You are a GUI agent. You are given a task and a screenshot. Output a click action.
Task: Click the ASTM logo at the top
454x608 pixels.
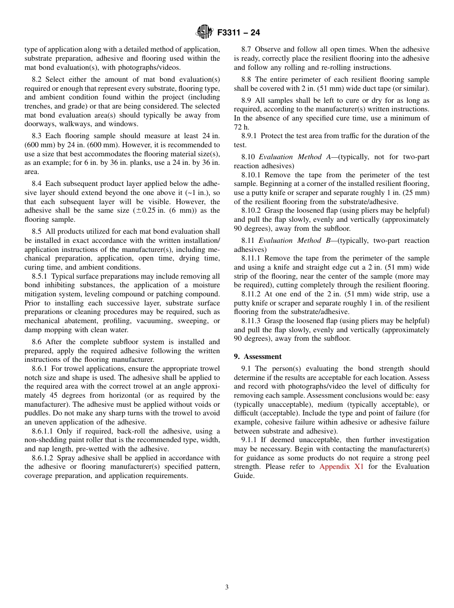point(205,32)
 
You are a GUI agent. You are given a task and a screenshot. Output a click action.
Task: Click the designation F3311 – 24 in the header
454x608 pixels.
point(238,33)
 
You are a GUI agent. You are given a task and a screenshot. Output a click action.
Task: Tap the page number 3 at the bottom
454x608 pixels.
point(227,587)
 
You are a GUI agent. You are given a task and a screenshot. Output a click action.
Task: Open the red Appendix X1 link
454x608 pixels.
point(341,467)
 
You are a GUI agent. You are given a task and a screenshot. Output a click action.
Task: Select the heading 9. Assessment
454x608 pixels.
point(258,357)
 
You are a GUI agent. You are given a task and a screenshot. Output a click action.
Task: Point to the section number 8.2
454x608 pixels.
point(37,79)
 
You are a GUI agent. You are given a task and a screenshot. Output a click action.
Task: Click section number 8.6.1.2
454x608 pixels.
point(44,458)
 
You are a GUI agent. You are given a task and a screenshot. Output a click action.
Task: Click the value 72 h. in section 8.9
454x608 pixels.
point(241,127)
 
